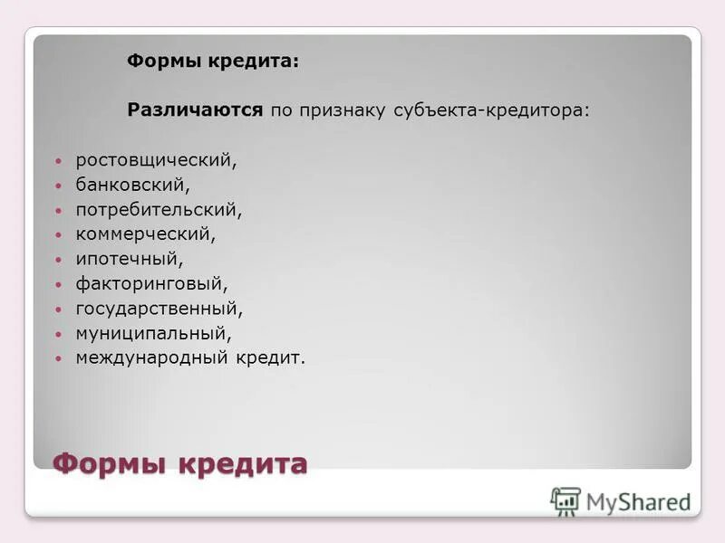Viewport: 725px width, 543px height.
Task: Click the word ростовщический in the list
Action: click(155, 161)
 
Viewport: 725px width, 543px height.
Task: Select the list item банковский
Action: click(132, 186)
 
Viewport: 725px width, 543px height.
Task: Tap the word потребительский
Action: click(159, 210)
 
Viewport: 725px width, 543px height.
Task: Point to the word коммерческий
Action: click(145, 234)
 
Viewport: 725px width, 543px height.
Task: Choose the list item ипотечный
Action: click(129, 259)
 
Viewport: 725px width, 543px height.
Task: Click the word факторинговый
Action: click(151, 284)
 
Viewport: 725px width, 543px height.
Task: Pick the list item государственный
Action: click(159, 309)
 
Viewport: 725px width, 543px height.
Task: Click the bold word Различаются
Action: click(195, 110)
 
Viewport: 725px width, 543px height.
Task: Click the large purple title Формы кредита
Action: click(180, 464)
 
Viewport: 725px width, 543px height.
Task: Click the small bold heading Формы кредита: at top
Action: click(213, 62)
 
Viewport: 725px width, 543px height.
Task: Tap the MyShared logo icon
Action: click(565, 500)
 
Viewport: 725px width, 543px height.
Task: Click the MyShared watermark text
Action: click(638, 501)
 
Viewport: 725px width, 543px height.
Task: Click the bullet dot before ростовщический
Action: click(59, 161)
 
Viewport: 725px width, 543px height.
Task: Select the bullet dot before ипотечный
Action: click(59, 260)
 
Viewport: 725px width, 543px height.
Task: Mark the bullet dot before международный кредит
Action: click(59, 358)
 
